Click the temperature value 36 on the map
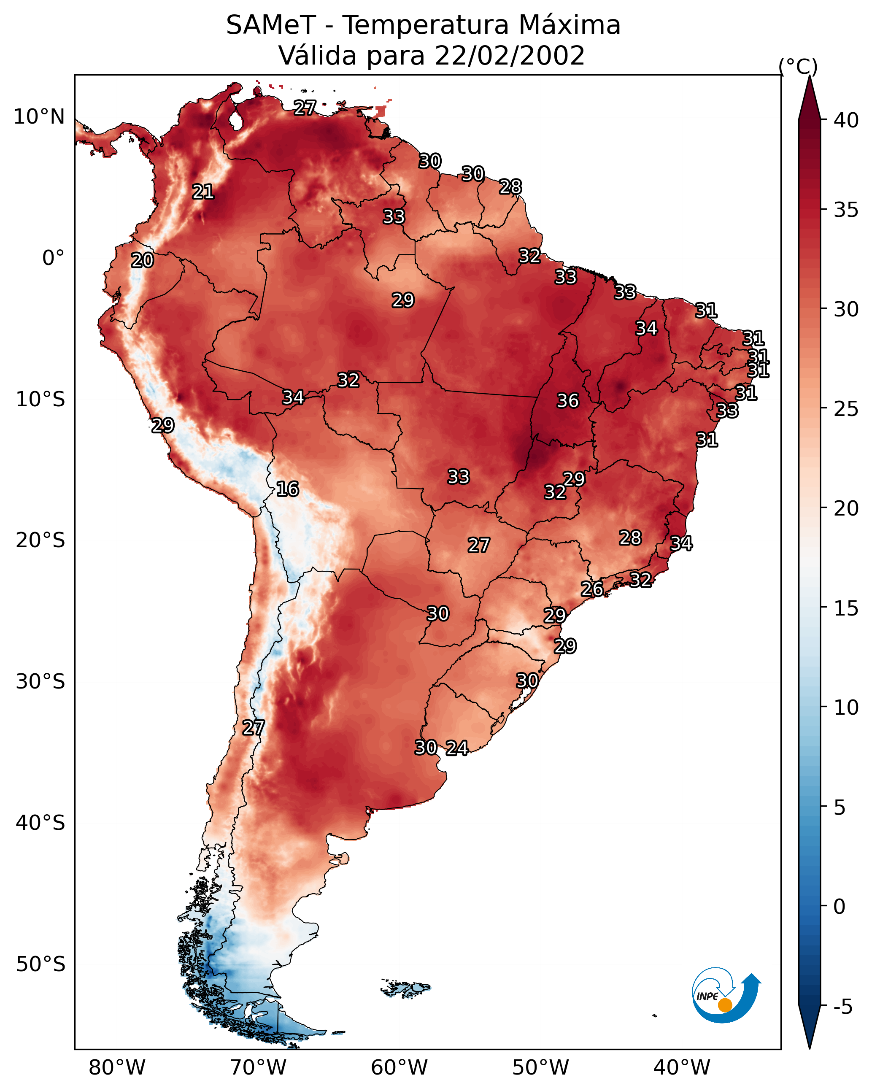[567, 401]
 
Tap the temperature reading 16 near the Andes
[287, 489]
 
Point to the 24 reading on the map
[456, 748]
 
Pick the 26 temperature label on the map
[591, 589]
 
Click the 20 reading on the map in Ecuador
[142, 260]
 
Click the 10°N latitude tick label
[39, 117]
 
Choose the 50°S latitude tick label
[40, 964]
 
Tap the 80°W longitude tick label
[117, 1068]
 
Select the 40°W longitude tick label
[682, 1068]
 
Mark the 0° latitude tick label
[53, 258]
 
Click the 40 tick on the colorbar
[846, 120]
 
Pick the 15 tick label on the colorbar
[846, 609]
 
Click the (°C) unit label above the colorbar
[798, 66]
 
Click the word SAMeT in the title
[271, 25]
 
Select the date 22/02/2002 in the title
[509, 56]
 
